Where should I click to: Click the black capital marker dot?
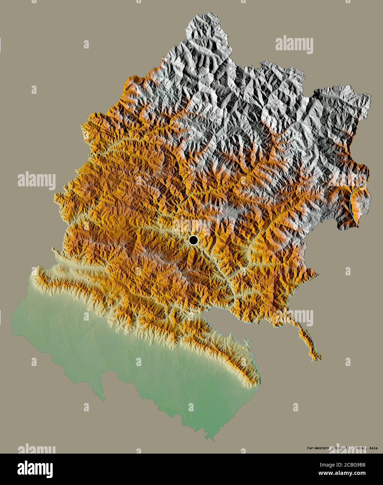coord(193,240)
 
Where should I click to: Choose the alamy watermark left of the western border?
coord(36,181)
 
